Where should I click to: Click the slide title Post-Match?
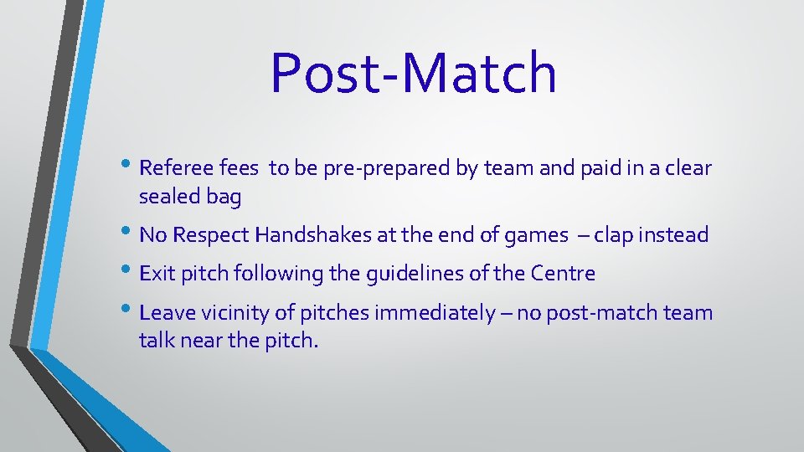click(414, 73)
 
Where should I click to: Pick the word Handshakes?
click(313, 235)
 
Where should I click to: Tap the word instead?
click(674, 235)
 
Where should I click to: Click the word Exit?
click(155, 274)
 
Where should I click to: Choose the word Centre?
click(565, 274)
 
